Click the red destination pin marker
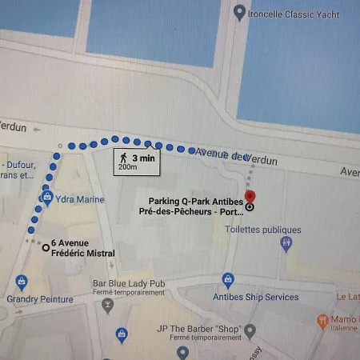coord(250,195)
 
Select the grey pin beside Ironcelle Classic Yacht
coord(239,13)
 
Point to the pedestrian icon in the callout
coord(123,158)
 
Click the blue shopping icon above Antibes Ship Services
coord(229,280)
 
